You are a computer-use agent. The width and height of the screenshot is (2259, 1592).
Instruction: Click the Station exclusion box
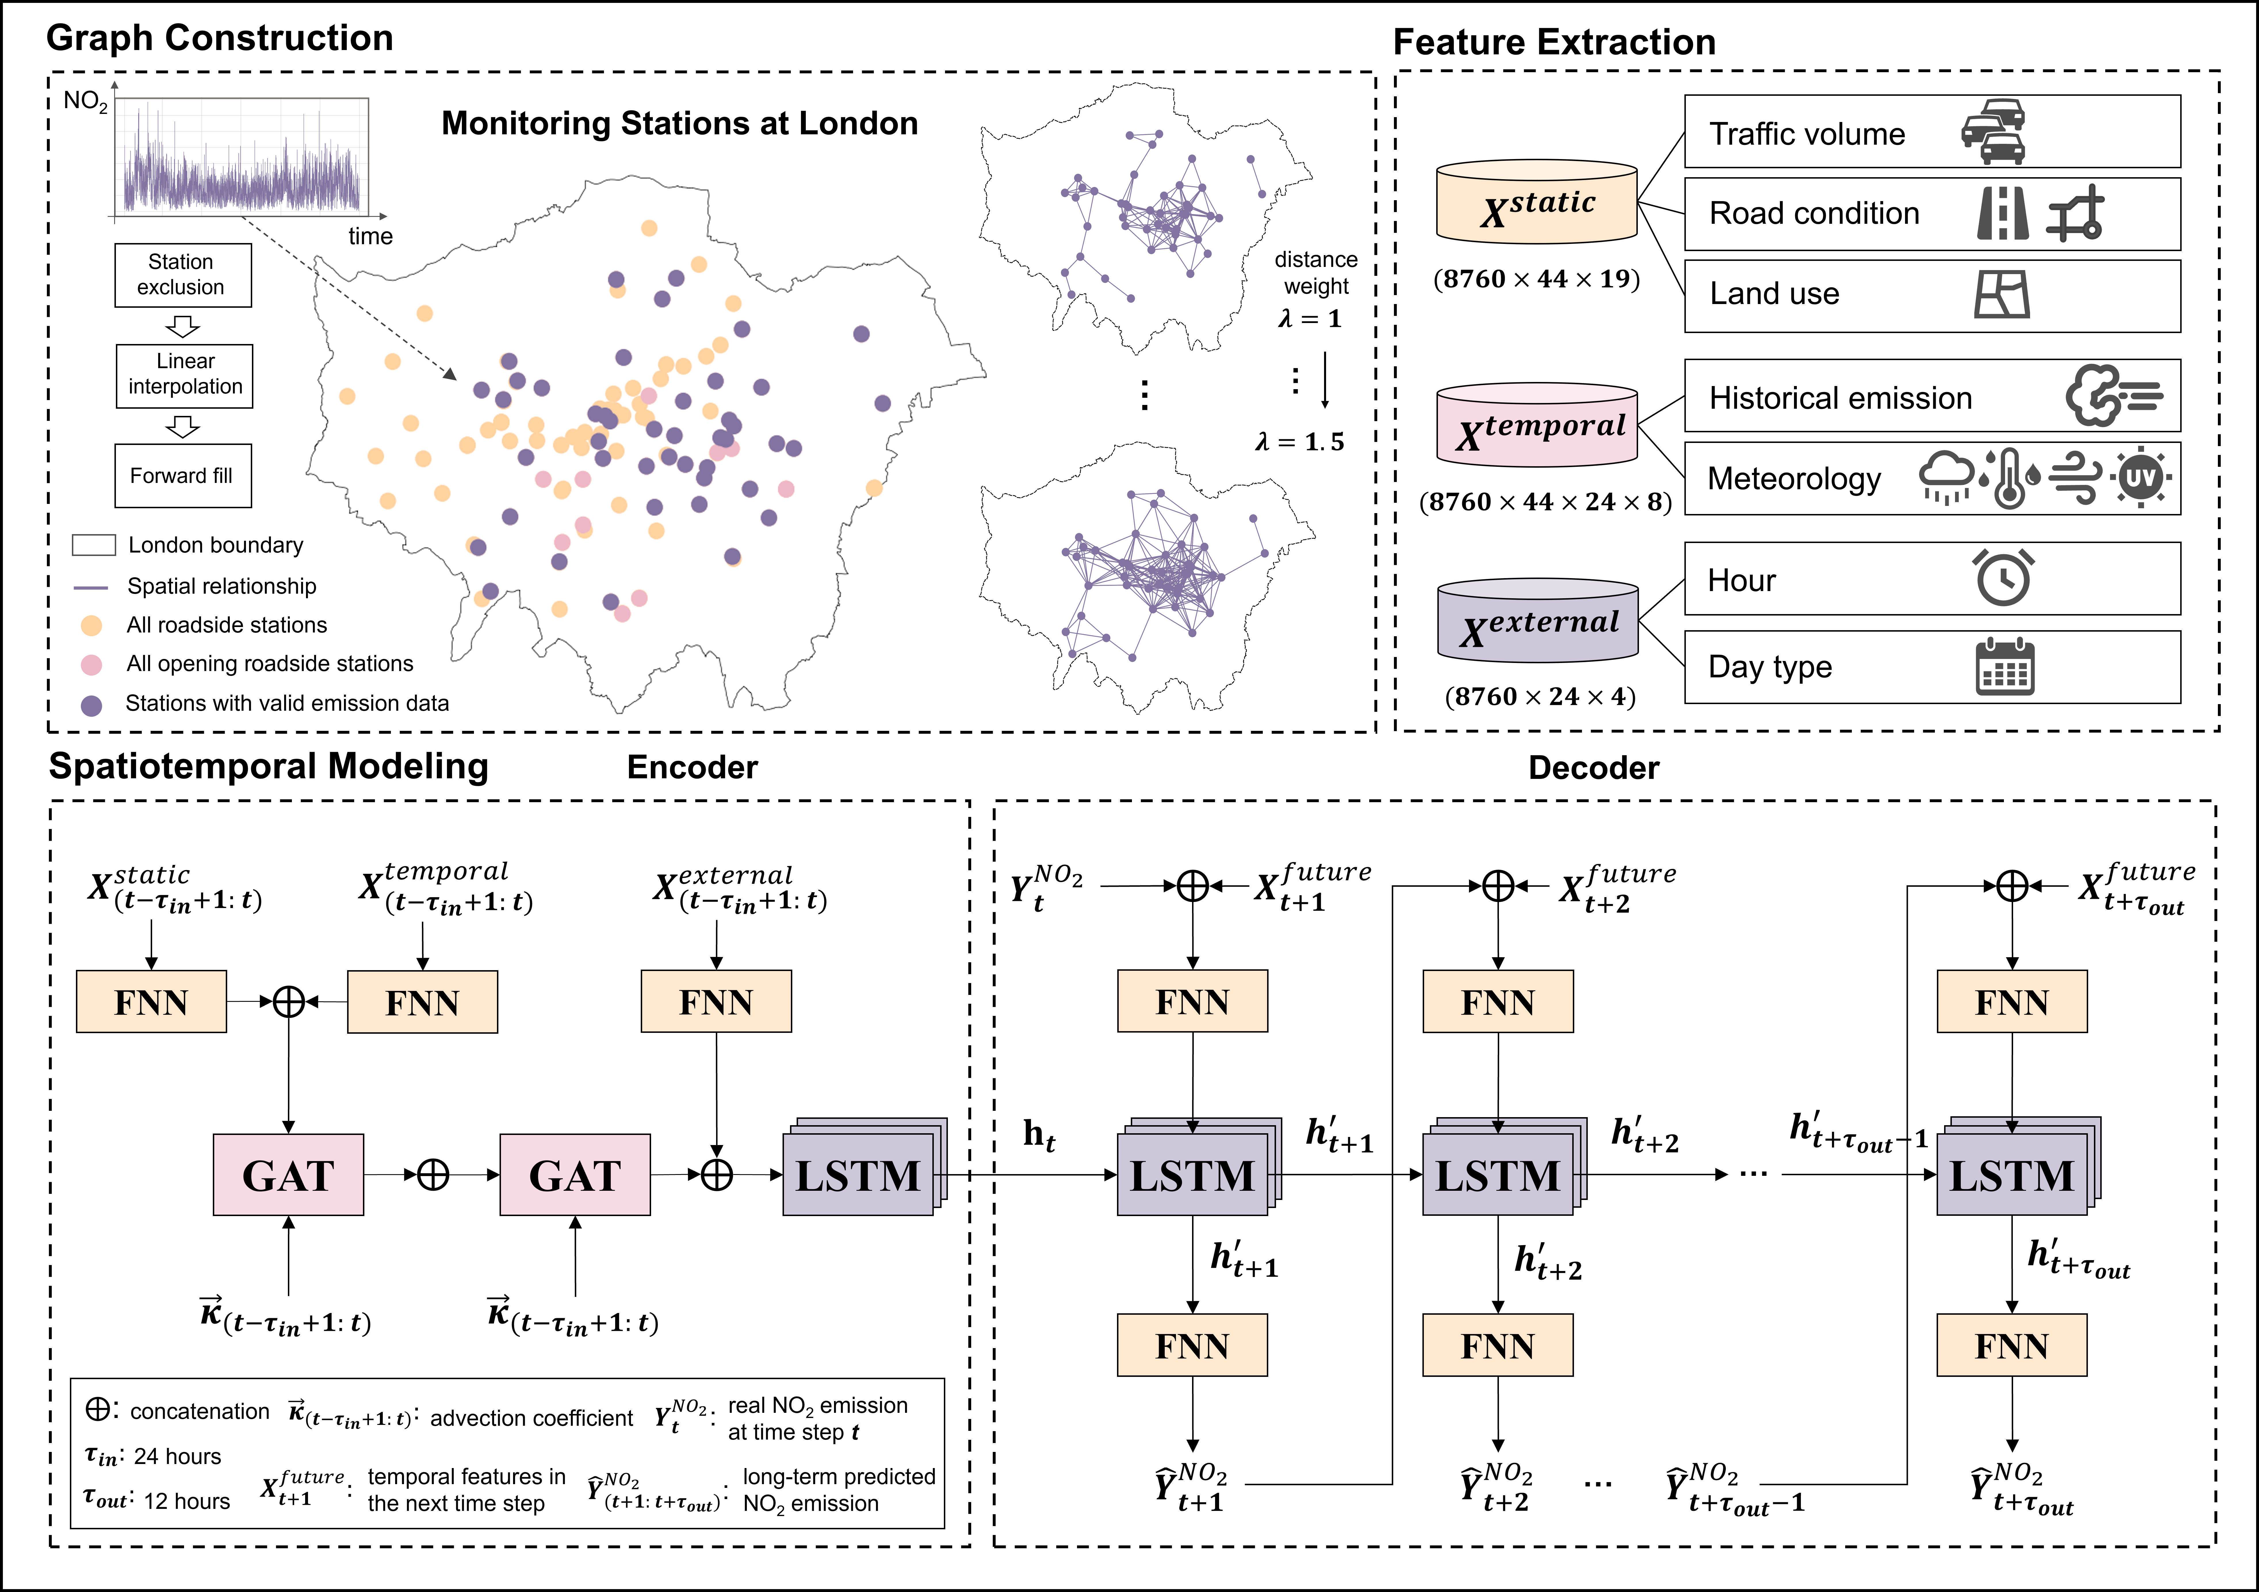182,276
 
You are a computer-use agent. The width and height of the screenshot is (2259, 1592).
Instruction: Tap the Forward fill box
182,476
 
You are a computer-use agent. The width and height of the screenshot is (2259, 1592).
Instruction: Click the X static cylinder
1537,202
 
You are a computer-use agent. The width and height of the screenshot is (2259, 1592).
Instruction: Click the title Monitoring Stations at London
679,123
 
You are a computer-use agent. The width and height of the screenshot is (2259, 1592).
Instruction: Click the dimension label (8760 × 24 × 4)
1540,697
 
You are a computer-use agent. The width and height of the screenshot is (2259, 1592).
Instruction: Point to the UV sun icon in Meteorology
2141,478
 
